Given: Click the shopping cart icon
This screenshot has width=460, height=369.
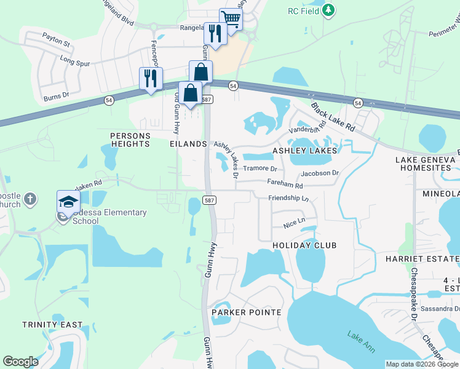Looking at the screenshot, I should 231,18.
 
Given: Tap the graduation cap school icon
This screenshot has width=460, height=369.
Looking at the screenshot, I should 68,201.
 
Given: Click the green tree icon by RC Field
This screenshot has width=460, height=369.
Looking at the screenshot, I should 328,10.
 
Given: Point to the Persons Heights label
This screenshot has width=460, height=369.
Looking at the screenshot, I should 130,139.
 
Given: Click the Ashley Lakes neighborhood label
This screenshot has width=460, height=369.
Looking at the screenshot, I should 304,151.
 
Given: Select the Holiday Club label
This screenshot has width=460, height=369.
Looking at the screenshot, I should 304,245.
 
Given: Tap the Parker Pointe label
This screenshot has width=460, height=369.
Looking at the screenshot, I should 246,312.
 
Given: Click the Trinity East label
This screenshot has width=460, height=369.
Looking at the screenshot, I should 44,324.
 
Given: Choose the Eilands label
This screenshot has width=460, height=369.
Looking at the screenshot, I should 188,143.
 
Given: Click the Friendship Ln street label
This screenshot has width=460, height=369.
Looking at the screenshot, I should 288,198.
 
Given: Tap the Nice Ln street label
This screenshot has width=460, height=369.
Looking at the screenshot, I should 293,221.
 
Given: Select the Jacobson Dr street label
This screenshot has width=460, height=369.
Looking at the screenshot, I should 320,173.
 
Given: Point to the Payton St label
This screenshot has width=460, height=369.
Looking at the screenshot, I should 57,44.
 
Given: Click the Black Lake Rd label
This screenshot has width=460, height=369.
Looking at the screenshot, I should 333,117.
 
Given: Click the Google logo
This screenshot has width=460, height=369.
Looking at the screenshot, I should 20,362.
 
